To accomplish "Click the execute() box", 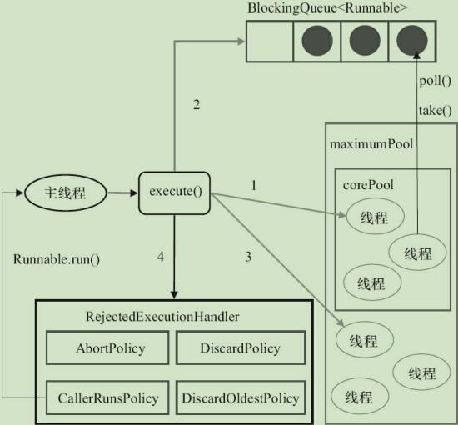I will point(175,192).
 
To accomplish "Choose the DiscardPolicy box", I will point(240,348).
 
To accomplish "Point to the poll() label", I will point(435,81).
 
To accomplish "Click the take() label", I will point(435,108).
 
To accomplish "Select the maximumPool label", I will point(371,145).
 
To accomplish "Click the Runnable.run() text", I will point(57,258).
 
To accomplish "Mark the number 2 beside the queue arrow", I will point(197,104).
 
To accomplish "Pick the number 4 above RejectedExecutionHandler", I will point(161,256).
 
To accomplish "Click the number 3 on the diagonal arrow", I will point(247,257).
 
